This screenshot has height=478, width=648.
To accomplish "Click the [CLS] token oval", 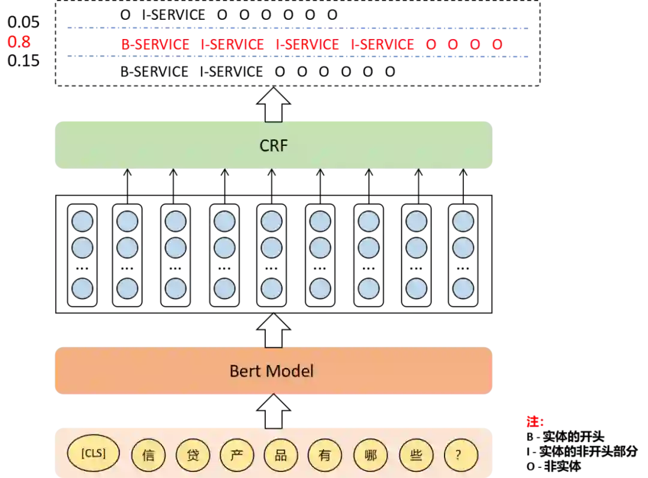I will [93, 453].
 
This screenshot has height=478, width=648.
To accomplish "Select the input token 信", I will [148, 455].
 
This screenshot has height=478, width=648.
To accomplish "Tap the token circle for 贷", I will [193, 455].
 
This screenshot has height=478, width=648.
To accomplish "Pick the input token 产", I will [237, 455].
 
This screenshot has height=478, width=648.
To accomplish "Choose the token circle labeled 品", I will [281, 455].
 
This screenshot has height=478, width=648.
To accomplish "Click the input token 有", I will [325, 455].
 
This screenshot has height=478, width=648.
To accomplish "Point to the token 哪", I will [371, 455].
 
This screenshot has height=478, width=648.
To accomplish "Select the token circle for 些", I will [416, 455].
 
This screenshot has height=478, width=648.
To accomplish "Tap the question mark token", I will [461, 455].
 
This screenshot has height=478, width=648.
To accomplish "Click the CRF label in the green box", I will [274, 146].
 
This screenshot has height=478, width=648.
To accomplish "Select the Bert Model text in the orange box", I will [272, 371].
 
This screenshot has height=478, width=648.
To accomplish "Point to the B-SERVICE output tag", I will [155, 45].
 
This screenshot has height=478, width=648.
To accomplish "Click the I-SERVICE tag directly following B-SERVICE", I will [232, 45].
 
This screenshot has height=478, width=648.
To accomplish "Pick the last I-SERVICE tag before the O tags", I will [382, 45].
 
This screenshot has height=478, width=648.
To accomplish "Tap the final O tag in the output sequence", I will [497, 45].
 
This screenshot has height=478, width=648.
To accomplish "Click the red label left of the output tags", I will [19, 41].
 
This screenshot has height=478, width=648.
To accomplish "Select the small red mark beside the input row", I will [533, 422].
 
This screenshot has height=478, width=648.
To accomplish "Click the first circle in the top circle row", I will [83, 222].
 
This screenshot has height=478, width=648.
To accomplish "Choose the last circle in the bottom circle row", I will [463, 289].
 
